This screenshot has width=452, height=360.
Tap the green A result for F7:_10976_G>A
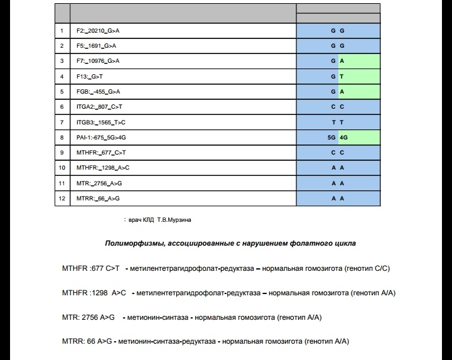coord(342,61)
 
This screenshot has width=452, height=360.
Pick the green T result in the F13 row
coord(342,77)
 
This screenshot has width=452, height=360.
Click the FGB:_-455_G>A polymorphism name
coord(98,92)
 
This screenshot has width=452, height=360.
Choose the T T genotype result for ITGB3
coord(338,122)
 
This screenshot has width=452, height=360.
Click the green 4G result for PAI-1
coord(343,137)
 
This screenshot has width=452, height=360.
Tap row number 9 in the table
coord(62,153)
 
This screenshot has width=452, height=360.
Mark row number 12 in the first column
coord(62,199)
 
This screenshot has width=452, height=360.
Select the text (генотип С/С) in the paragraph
coord(370,268)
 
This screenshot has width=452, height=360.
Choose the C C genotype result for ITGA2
coord(338,107)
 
